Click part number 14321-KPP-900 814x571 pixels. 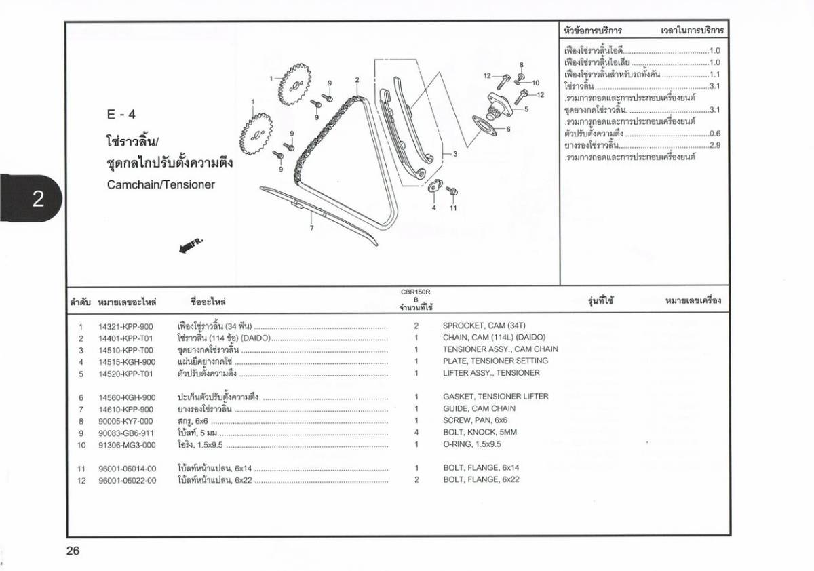pyautogui.click(x=125, y=327)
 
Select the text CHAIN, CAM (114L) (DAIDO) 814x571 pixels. pyautogui.click(x=494, y=338)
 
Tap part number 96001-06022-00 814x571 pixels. pyautogui.click(x=128, y=481)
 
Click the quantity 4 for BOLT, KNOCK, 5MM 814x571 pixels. pyautogui.click(x=416, y=432)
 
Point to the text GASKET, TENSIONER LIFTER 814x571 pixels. pyautogui.click(x=496, y=396)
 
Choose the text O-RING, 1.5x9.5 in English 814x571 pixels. pyautogui.click(x=472, y=444)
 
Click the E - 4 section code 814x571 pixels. pyautogui.click(x=121, y=115)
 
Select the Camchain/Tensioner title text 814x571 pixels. pyautogui.click(x=161, y=184)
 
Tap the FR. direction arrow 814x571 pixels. pyautogui.click(x=191, y=245)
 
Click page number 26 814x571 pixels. pyautogui.click(x=73, y=551)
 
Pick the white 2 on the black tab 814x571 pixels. pyautogui.click(x=38, y=199)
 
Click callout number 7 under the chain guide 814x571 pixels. pyautogui.click(x=312, y=228)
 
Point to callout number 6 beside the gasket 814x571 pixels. pyautogui.click(x=508, y=129)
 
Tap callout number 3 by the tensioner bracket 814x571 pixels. pyautogui.click(x=455, y=154)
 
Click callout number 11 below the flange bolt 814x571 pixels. pyautogui.click(x=453, y=208)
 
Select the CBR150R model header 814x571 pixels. pyautogui.click(x=416, y=292)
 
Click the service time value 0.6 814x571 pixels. pyautogui.click(x=715, y=134)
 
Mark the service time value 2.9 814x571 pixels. pyautogui.click(x=715, y=145)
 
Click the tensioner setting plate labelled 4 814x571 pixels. pyautogui.click(x=435, y=186)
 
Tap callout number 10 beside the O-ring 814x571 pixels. pyautogui.click(x=536, y=83)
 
